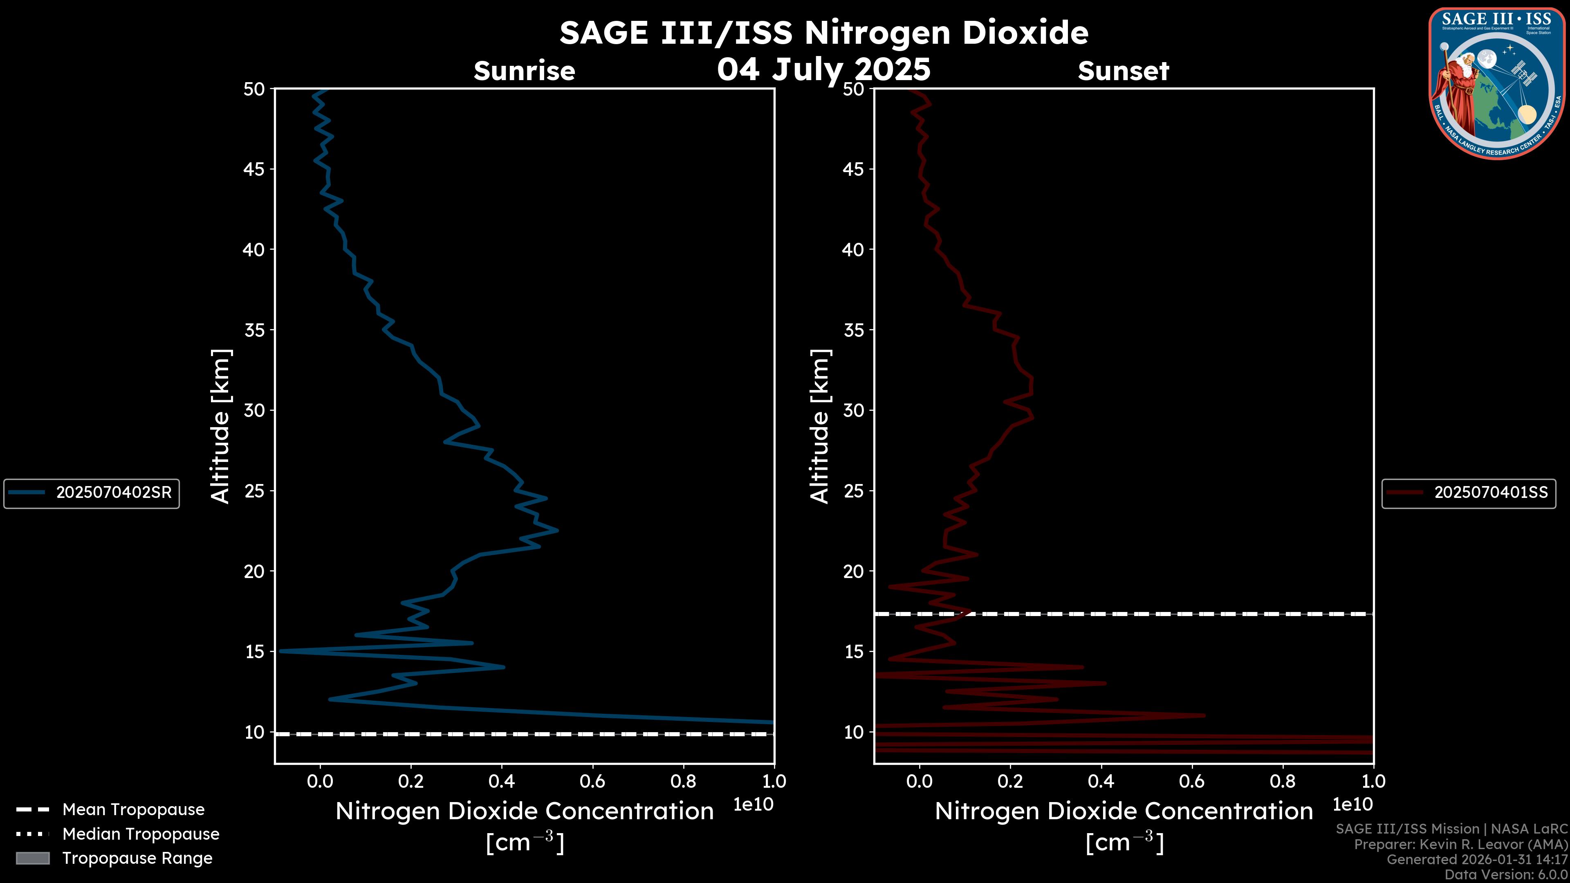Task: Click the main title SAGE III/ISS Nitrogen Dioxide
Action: pos(823,33)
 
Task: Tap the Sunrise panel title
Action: pos(524,71)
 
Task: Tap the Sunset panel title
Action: pos(1123,71)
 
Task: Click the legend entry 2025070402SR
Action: pos(113,492)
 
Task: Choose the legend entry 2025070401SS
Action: pos(1490,492)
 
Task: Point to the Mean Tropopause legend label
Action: pos(133,809)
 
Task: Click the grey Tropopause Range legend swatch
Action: pos(32,858)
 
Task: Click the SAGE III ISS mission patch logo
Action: pos(1496,83)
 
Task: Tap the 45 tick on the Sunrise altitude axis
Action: pos(254,169)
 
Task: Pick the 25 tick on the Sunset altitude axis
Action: pos(854,491)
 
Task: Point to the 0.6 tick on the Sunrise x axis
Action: pos(592,781)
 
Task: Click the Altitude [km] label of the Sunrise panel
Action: pos(220,426)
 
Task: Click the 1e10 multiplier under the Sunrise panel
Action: pos(753,805)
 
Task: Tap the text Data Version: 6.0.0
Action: pos(1505,874)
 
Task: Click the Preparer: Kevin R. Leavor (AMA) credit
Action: pos(1460,844)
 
